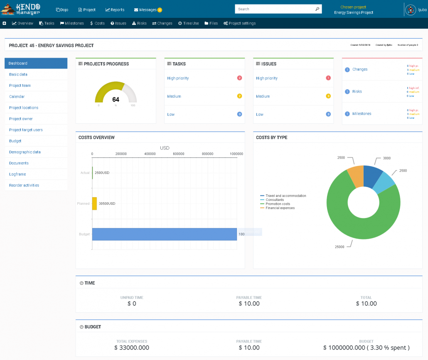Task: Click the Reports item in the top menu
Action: [x=115, y=10]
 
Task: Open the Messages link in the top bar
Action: [x=148, y=10]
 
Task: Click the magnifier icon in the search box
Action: [x=317, y=9]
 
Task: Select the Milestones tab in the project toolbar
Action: [x=72, y=23]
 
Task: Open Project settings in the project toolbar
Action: [x=240, y=23]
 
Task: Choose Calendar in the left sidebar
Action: [x=17, y=96]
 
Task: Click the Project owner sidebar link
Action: [x=21, y=119]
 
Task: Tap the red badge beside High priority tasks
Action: [x=239, y=78]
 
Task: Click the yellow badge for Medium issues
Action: [x=328, y=96]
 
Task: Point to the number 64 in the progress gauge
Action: [x=116, y=100]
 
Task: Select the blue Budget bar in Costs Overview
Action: [x=164, y=234]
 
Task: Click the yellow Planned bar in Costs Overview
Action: [x=94, y=203]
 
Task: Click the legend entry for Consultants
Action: [x=275, y=200]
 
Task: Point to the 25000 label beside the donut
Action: [x=339, y=247]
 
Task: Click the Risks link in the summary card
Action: [x=357, y=91]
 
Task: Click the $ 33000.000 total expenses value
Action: [x=132, y=348]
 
